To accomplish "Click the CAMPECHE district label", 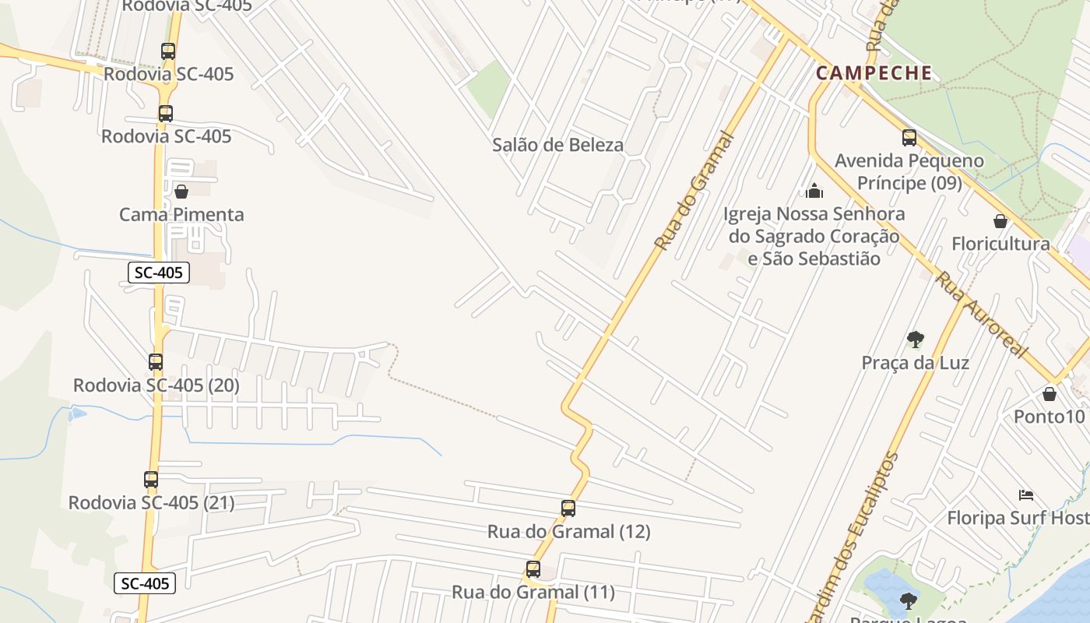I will [874, 73].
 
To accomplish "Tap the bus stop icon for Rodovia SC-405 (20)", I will [156, 362].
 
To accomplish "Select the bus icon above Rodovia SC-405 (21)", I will [151, 480].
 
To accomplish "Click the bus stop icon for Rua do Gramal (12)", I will [568, 509].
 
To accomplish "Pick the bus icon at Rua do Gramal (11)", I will [533, 569].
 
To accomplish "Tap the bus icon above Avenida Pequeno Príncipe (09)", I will [909, 138].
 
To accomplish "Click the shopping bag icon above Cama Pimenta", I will [181, 191].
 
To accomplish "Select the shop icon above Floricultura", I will [1000, 221].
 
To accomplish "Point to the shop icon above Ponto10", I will [1050, 393].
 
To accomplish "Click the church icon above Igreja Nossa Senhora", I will [814, 191].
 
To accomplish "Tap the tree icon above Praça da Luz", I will [916, 339].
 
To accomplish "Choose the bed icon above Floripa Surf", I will [1026, 495].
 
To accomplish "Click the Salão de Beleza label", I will [558, 145].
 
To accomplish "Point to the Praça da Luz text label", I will [915, 363].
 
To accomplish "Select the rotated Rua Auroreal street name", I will [981, 314].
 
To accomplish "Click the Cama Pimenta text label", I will [181, 214].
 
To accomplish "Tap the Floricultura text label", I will [1000, 244].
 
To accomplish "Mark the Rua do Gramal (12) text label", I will [568, 532].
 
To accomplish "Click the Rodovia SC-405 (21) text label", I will [151, 503].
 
